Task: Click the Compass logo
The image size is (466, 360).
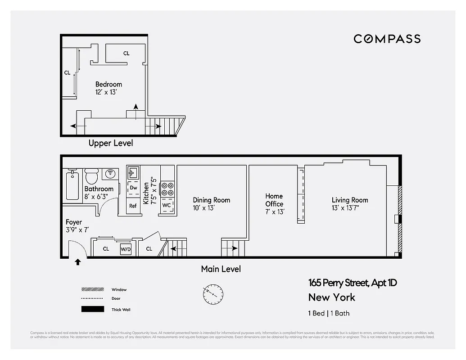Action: [x=387, y=39]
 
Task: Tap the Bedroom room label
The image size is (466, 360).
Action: [x=109, y=84]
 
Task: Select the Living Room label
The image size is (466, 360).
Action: [x=350, y=200]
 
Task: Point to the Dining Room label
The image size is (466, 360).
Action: [x=211, y=200]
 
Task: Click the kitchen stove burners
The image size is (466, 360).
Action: [x=167, y=189]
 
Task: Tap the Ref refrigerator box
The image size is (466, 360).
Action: [x=133, y=206]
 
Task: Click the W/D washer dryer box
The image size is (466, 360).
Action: [x=126, y=249]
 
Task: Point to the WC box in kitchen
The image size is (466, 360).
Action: [x=167, y=206]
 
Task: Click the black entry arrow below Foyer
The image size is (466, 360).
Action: [x=78, y=262]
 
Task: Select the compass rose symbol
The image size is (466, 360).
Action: [x=212, y=294]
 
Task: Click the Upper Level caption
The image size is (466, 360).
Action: [x=111, y=143]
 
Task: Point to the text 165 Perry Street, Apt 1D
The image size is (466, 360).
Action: [x=353, y=283]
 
